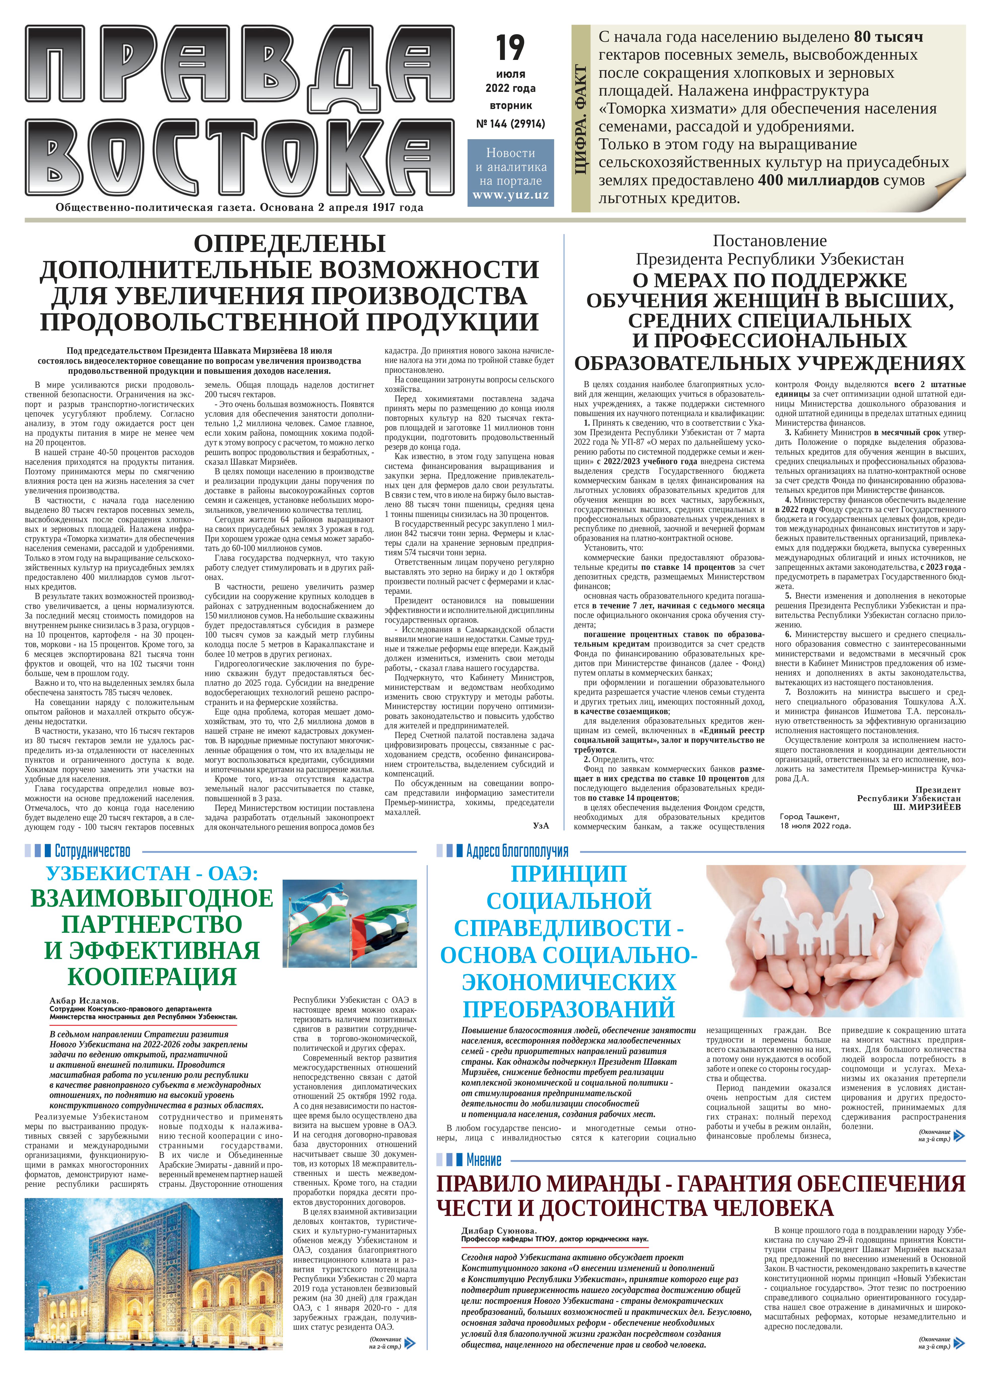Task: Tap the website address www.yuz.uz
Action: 510,195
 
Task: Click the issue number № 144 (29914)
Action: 510,124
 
